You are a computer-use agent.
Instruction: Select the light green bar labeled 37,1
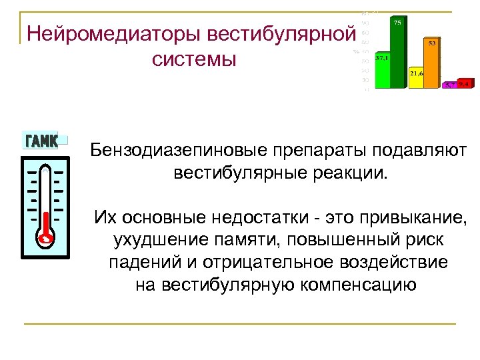[383, 72]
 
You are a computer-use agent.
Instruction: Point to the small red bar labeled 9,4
[465, 85]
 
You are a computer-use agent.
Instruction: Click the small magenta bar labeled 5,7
[450, 85]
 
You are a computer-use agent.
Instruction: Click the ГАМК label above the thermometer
[41, 140]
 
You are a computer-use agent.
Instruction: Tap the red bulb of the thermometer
[45, 236]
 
